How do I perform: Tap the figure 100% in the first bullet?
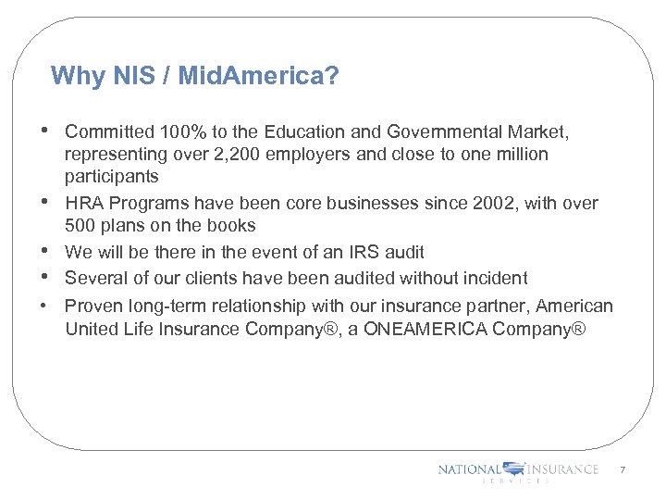tap(174, 132)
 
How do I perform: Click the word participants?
tap(111, 176)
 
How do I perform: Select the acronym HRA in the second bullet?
tap(84, 203)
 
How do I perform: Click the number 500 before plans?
tap(80, 225)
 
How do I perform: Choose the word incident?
tap(494, 278)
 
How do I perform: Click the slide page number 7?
tap(623, 470)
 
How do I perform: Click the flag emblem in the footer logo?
tap(513, 469)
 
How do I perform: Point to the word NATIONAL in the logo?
tap(469, 469)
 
